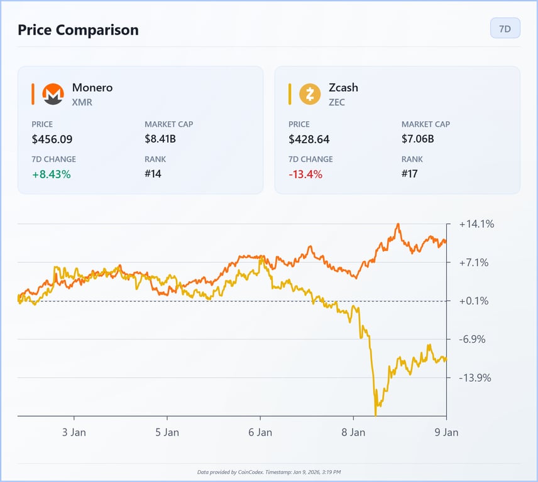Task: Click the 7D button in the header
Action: (505, 29)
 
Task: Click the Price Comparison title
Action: (78, 29)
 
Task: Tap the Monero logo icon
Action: (53, 94)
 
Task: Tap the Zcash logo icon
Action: (310, 94)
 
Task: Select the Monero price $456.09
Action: (57, 139)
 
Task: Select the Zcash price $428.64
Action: (309, 139)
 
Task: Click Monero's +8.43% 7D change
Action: (52, 174)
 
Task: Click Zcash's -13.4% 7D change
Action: (305, 174)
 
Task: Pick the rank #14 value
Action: (153, 174)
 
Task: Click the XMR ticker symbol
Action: (82, 102)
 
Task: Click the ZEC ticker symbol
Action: (337, 102)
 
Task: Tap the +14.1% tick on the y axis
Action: (476, 224)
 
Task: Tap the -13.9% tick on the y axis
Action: (475, 378)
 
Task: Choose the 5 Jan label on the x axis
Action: (167, 432)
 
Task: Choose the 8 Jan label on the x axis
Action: (353, 432)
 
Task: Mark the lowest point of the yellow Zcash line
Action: (376, 414)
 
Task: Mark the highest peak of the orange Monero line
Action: (398, 224)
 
